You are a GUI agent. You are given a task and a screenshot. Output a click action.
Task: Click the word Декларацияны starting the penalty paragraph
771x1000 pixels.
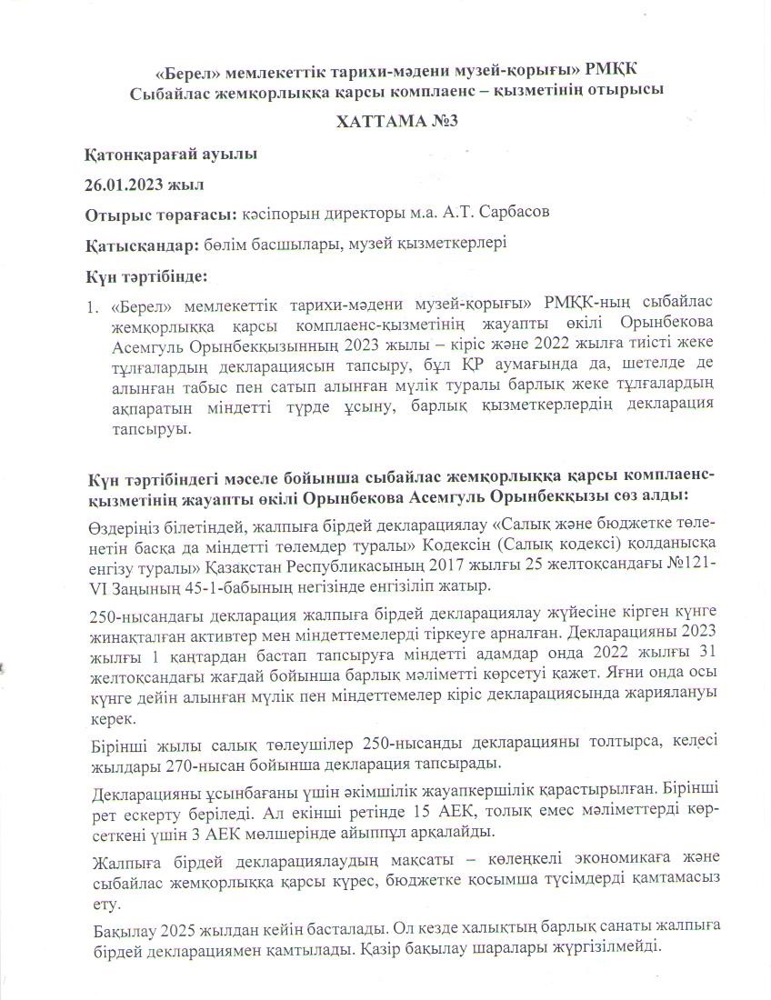[x=145, y=787]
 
